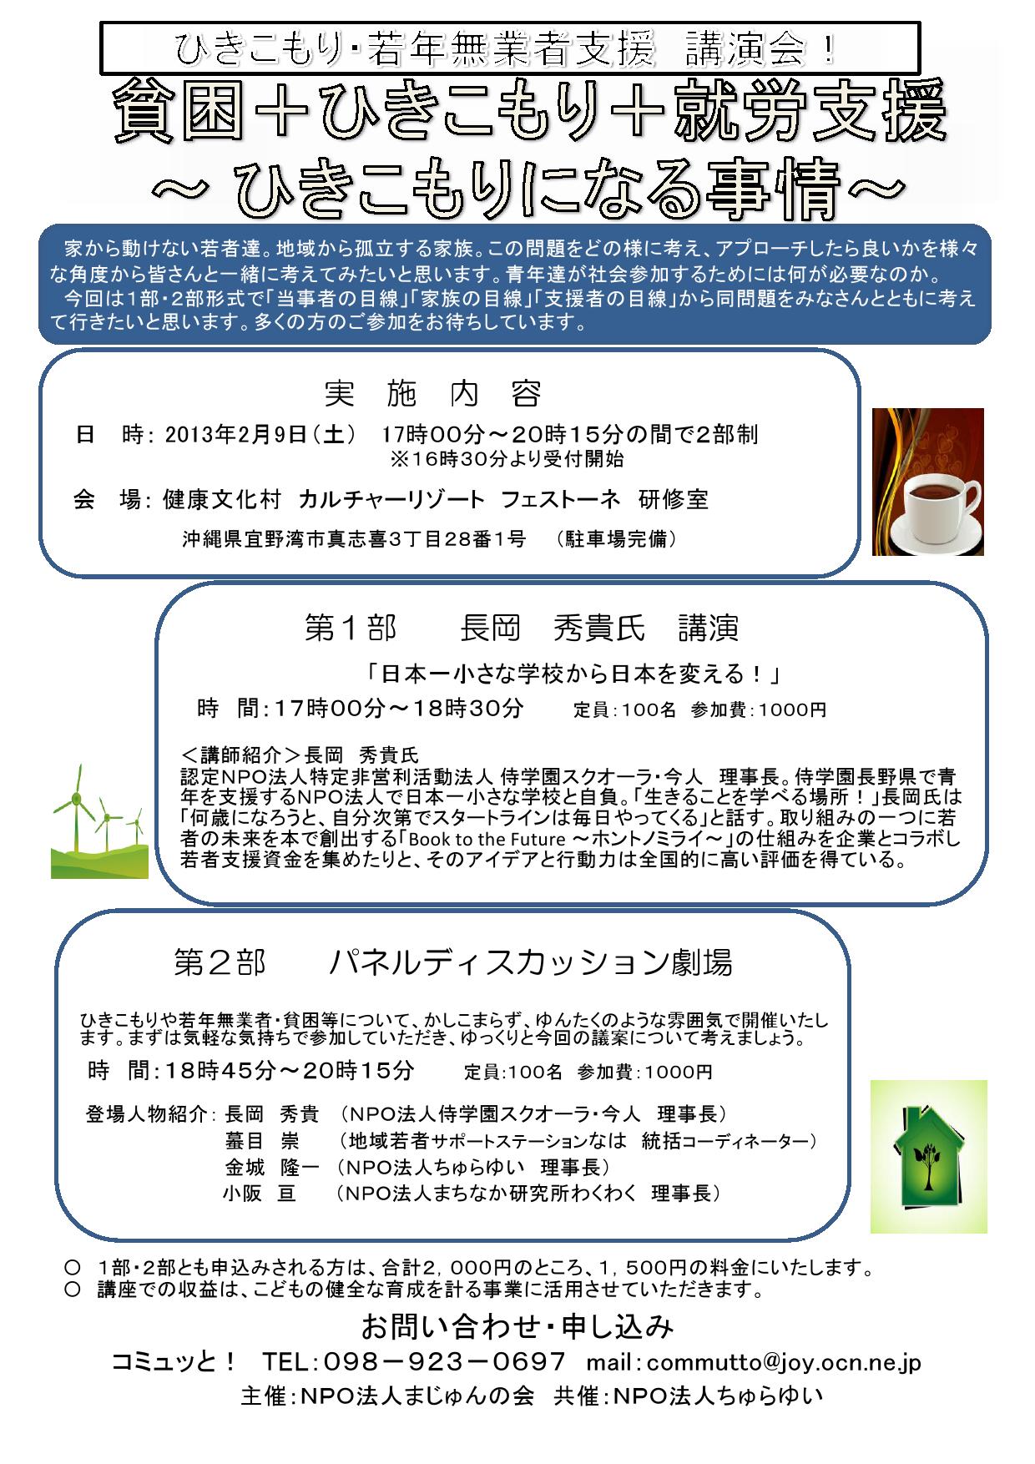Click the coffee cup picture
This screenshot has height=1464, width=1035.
click(x=927, y=482)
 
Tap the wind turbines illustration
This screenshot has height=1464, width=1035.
click(x=99, y=821)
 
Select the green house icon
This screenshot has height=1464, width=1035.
click(x=928, y=1156)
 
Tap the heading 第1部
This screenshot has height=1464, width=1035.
click(x=350, y=629)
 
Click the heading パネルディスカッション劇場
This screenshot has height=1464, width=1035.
click(x=531, y=963)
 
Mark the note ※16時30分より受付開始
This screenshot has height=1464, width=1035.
click(x=507, y=458)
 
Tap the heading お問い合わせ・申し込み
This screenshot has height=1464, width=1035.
click(x=517, y=1325)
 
